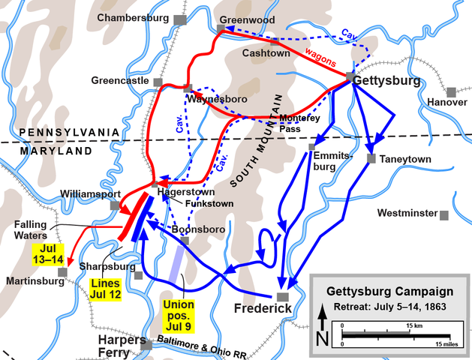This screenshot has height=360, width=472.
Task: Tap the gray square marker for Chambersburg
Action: tap(179, 19)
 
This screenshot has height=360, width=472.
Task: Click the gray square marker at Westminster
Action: tap(444, 215)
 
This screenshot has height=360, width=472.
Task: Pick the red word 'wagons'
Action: tap(320, 59)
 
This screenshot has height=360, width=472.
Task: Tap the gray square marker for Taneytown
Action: tap(371, 158)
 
